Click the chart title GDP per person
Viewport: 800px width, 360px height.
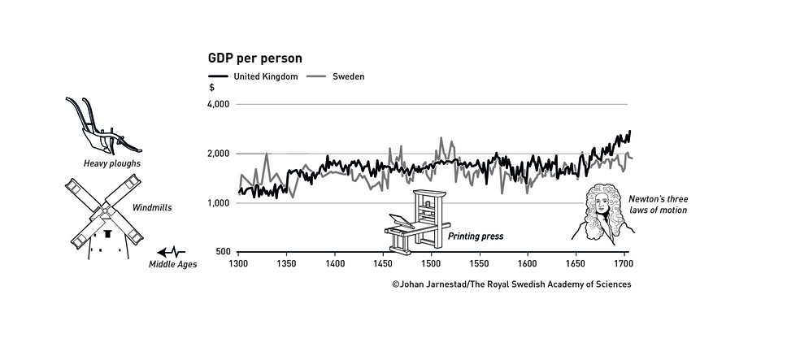click(256, 59)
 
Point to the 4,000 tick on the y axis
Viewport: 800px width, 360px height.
click(219, 105)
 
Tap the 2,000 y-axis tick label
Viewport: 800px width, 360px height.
click(219, 154)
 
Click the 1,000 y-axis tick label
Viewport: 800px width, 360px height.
click(219, 203)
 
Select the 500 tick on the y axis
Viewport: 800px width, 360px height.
click(223, 252)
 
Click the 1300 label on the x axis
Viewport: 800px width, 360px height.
click(238, 264)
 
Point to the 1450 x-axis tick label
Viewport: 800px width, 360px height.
click(383, 264)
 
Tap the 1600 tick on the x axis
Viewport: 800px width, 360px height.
click(527, 264)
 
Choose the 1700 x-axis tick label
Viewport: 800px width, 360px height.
click(624, 264)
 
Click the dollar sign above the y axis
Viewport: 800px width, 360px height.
click(212, 87)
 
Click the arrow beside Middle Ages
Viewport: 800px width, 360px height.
click(172, 252)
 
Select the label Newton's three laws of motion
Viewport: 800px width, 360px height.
click(658, 204)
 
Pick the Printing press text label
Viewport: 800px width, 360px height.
click(476, 236)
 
